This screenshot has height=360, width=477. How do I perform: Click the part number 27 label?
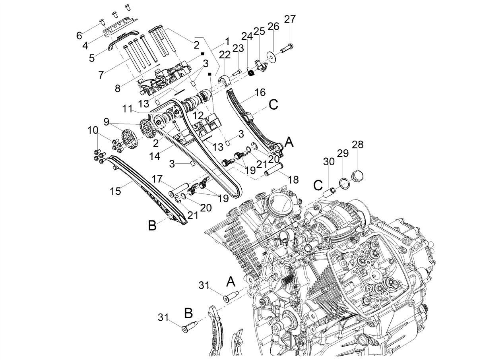tap(290, 19)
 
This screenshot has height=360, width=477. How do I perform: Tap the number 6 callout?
tap(79, 35)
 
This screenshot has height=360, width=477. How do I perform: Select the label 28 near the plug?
tap(357, 144)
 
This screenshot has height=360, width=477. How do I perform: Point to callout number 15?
tap(115, 191)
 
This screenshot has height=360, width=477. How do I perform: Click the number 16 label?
tap(260, 93)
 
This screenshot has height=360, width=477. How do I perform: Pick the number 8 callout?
tap(118, 88)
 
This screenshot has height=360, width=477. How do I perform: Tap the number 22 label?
tap(225, 55)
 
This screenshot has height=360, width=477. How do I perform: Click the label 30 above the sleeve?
tap(329, 162)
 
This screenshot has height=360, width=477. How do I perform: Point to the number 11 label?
tap(127, 108)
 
